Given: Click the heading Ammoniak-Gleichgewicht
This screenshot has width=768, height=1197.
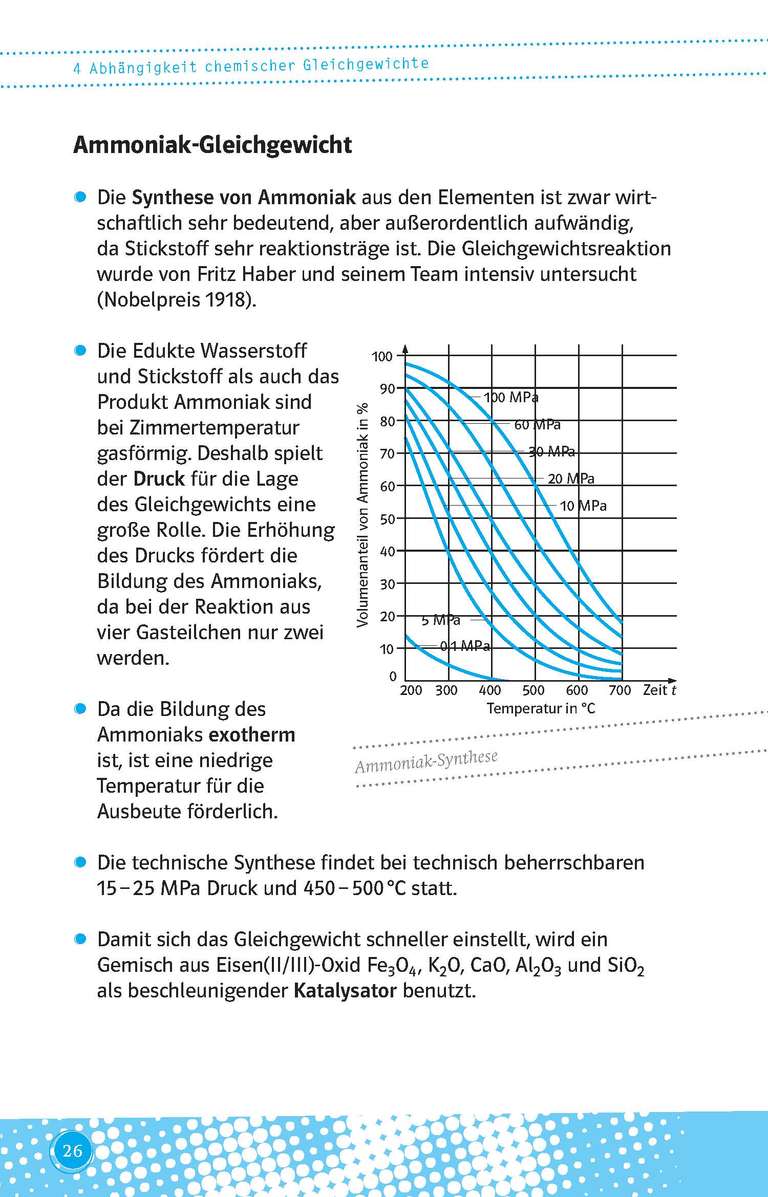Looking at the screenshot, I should click(x=212, y=145).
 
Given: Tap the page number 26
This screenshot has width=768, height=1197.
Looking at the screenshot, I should click(x=72, y=1151).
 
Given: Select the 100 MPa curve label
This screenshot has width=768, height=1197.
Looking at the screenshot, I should click(x=510, y=397).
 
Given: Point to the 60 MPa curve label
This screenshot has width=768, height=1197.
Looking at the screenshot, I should click(x=537, y=425).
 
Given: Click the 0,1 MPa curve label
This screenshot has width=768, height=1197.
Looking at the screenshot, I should click(x=465, y=646).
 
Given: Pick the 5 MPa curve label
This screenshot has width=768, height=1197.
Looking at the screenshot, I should click(x=441, y=620).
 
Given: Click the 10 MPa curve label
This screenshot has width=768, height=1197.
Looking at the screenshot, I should click(x=583, y=506).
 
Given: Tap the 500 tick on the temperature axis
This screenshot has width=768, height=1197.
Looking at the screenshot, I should click(x=533, y=690).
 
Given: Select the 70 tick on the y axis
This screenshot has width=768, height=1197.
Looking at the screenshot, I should click(x=388, y=454).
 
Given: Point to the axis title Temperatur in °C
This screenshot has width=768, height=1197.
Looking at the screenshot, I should click(x=541, y=708).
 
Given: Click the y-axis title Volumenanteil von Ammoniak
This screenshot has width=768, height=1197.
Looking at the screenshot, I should click(x=362, y=514).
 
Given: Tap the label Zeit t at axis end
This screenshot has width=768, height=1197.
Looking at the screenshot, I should click(x=659, y=690).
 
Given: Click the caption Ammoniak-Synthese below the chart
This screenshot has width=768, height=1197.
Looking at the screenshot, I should click(x=426, y=761).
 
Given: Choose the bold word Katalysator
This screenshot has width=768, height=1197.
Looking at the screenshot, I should click(x=345, y=991).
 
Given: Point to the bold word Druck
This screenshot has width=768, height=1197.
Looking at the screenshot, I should click(x=159, y=479).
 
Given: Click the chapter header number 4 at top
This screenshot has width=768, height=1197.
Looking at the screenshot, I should click(x=77, y=69).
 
